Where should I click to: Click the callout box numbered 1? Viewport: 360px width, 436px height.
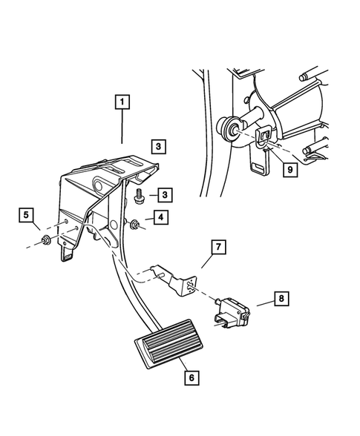[122, 102]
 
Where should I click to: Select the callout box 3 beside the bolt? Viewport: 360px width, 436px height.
[165, 195]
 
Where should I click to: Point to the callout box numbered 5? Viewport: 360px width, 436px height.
[27, 216]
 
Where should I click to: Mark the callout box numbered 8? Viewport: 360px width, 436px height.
[282, 300]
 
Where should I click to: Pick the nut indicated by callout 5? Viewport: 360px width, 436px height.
[47, 240]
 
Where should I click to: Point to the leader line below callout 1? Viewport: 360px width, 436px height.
[122, 129]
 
